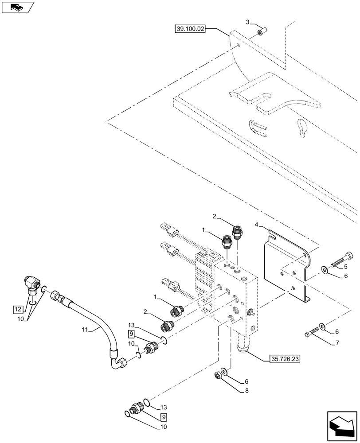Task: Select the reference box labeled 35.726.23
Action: tap(284, 359)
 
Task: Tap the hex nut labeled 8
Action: tap(218, 376)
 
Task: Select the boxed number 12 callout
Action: tap(17, 309)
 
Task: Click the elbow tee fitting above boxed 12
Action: tap(31, 285)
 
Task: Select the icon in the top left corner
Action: tap(17, 7)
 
